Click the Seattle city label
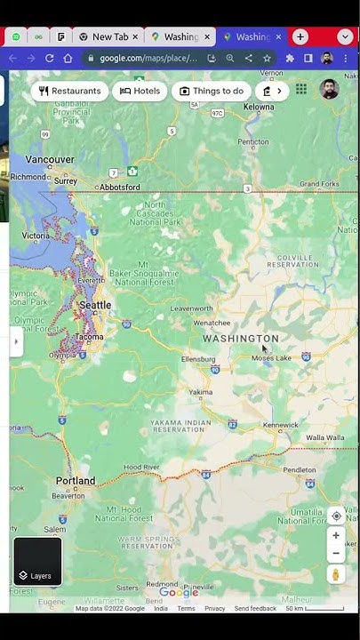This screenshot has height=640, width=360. click(95, 305)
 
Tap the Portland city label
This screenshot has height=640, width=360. click(76, 481)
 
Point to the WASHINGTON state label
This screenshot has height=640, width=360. click(240, 339)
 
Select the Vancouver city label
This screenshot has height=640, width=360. click(50, 159)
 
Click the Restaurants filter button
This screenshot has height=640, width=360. click(69, 91)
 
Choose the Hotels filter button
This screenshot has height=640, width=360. click(140, 91)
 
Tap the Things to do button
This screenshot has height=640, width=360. click(211, 91)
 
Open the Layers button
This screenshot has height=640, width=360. click(37, 562)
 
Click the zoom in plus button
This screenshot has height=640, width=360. click(336, 535)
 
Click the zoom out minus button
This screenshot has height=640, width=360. click(336, 553)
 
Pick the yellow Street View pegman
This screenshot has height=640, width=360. click(336, 575)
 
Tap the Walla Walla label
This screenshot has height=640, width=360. click(325, 438)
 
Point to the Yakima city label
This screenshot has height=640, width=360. click(201, 392)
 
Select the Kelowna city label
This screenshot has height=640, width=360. click(259, 107)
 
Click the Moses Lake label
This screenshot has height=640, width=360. click(271, 358)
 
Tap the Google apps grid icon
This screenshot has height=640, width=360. click(301, 89)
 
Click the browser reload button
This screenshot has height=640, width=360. click(49, 58)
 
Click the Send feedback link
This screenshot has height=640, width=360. click(255, 609)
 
